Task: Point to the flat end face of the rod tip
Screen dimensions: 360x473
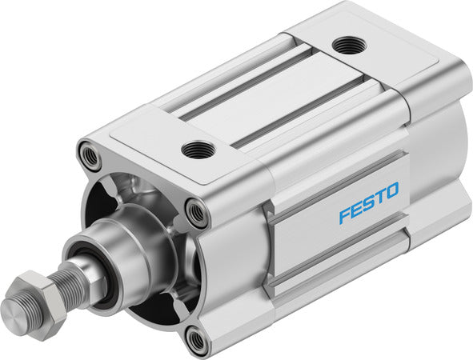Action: [14, 307]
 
